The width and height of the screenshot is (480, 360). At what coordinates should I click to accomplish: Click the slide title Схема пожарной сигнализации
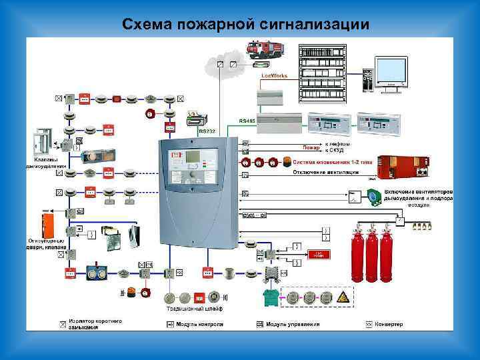pyautogui.click(x=245, y=25)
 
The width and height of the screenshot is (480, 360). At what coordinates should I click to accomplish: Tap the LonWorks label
pyautogui.click(x=274, y=77)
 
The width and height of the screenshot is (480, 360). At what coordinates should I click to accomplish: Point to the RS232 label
pyautogui.click(x=207, y=131)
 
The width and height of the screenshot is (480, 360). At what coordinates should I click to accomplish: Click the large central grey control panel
pyautogui.click(x=197, y=190)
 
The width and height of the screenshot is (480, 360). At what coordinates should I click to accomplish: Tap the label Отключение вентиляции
pyautogui.click(x=326, y=172)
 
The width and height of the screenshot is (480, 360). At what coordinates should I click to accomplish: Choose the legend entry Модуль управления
pyautogui.click(x=292, y=325)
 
